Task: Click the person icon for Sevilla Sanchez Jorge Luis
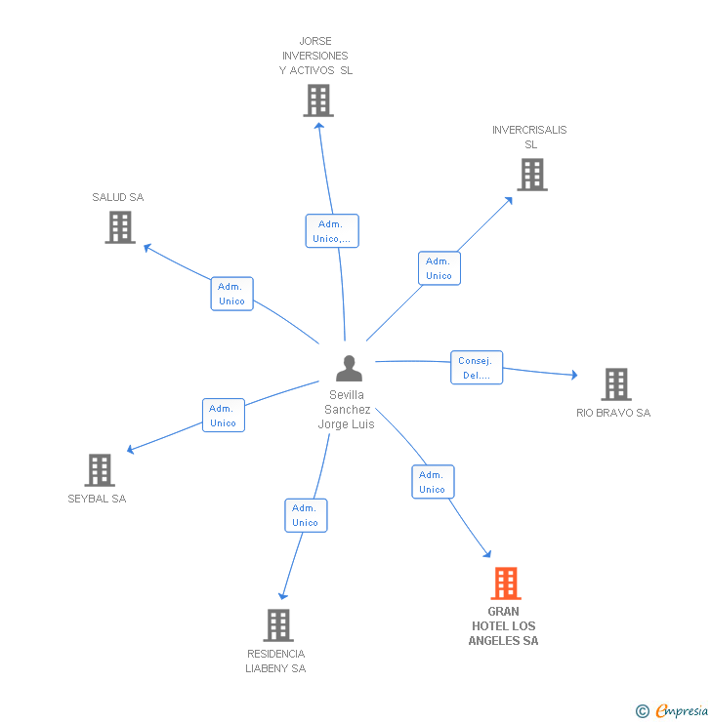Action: coord(349,368)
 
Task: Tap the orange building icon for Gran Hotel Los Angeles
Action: coord(505,582)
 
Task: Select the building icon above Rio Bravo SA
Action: coord(615,384)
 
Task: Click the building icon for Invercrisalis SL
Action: coord(531,175)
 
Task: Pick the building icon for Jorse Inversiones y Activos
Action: coord(317,100)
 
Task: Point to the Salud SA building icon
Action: coord(119,227)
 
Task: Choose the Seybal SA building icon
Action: coord(99,469)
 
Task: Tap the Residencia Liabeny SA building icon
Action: coord(278,624)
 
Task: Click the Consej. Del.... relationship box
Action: coord(477,368)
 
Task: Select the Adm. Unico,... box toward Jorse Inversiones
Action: coord(332,231)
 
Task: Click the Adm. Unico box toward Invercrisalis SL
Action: coord(439,268)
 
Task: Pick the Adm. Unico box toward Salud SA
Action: coord(231,294)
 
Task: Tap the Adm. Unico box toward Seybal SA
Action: coord(223,416)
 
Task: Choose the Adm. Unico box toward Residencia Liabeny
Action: coord(306,515)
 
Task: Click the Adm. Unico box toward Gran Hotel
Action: coord(433,482)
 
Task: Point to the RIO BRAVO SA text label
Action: coord(613,413)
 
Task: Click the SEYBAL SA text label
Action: coord(97,499)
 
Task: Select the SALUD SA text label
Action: coord(118,197)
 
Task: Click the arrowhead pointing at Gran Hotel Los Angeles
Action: coord(487,553)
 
